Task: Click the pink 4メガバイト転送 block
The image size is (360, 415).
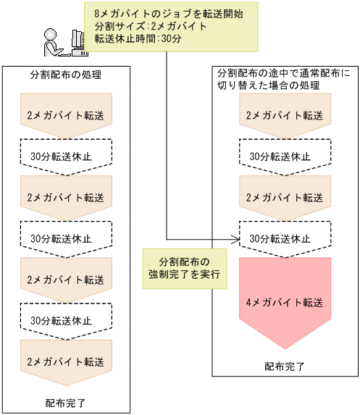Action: pos(285,300)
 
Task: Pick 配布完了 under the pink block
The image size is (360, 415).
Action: pos(285,366)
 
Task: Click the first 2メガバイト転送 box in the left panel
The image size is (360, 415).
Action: pos(65,116)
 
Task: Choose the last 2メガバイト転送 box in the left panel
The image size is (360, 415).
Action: pos(65,361)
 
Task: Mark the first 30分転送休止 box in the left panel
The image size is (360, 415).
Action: pos(65,156)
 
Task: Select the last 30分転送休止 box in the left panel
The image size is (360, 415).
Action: pos(65,320)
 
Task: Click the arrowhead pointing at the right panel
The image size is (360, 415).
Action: pos(235,238)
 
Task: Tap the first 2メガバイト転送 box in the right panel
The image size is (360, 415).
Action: pos(285,116)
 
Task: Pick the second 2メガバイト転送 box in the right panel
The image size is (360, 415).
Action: pos(285,197)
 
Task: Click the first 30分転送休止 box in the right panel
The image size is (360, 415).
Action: pos(285,156)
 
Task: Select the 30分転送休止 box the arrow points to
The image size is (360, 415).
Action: pos(285,238)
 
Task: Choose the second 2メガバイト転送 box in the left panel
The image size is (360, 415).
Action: pos(65,197)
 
